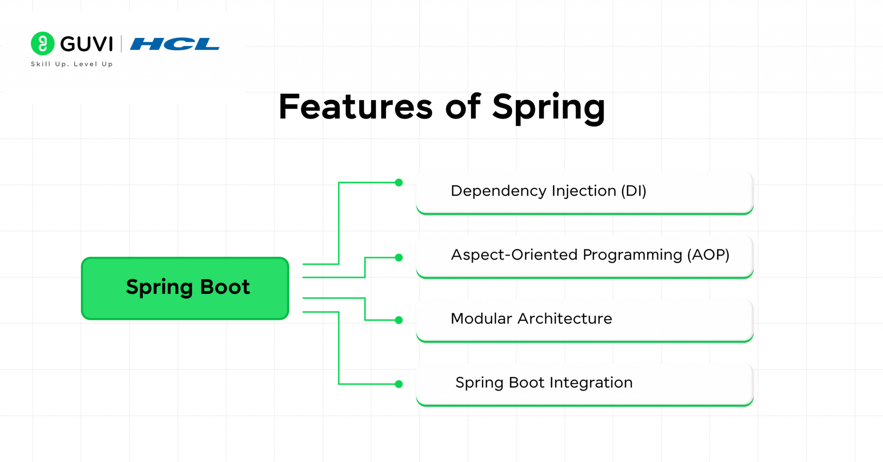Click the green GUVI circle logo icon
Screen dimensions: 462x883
coord(43,44)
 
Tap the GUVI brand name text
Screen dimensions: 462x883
coord(87,44)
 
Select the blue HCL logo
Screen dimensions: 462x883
coord(175,44)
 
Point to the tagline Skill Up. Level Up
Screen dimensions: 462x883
coord(72,64)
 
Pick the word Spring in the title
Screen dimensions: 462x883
coord(548,108)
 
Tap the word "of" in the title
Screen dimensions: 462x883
coord(462,107)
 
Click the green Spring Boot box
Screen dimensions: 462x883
coord(185,288)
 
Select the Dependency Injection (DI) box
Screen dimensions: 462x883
coord(584,192)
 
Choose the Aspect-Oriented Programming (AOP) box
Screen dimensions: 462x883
coord(584,256)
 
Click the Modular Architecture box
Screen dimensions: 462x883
coord(584,320)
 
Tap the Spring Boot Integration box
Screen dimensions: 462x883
coord(584,384)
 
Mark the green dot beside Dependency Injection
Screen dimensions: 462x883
coord(399,183)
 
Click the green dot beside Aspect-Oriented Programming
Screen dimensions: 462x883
coord(399,258)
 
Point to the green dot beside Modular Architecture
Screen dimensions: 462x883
coord(399,320)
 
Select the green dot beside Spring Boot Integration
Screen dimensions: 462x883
coord(399,384)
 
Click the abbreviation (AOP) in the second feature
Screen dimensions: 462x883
coord(708,255)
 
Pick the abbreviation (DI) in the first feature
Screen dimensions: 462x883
coord(633,191)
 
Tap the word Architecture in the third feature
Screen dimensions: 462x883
coord(564,319)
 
